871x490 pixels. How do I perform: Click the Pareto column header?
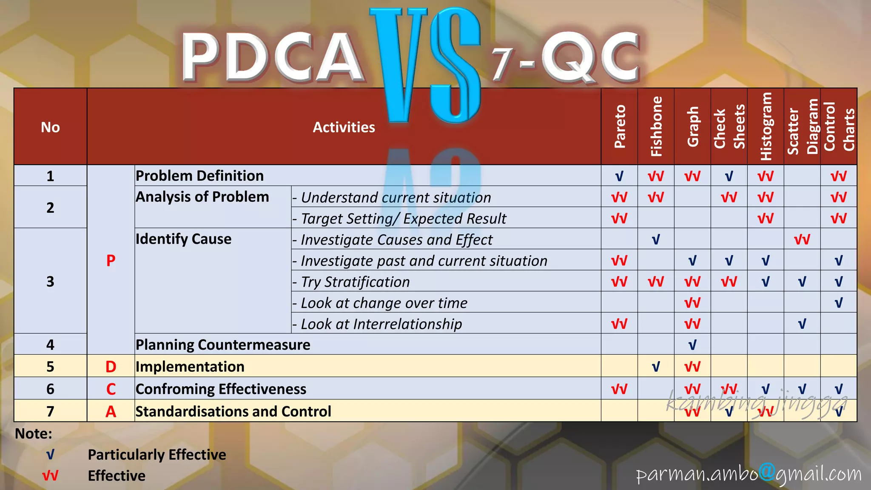pos(620,126)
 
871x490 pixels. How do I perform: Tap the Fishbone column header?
pos(656,126)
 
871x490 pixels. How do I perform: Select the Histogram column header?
pos(766,126)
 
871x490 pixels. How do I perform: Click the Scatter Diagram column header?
pos(802,126)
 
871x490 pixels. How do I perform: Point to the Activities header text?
pos(344,127)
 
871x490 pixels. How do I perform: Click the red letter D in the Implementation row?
pos(111,367)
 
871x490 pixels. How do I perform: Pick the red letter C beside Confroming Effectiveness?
pos(111,389)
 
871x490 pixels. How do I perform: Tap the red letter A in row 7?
pos(111,412)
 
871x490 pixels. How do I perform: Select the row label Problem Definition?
pos(199,176)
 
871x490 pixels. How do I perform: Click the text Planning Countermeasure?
pos(223,345)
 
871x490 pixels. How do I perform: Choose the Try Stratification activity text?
pos(355,282)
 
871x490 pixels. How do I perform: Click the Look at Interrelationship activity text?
pos(381,324)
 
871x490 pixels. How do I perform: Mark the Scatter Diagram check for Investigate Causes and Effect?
pos(802,239)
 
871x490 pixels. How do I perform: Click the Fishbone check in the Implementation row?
pos(656,367)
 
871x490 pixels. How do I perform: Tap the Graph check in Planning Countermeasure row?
pos(692,345)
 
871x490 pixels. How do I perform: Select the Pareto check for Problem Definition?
pos(619,176)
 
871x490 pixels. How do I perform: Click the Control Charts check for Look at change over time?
pos(839,303)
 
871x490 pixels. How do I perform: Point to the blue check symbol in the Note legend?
pos(50,455)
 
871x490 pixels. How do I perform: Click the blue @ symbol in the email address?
pos(767,472)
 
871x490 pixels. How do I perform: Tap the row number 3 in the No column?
pos(50,282)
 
